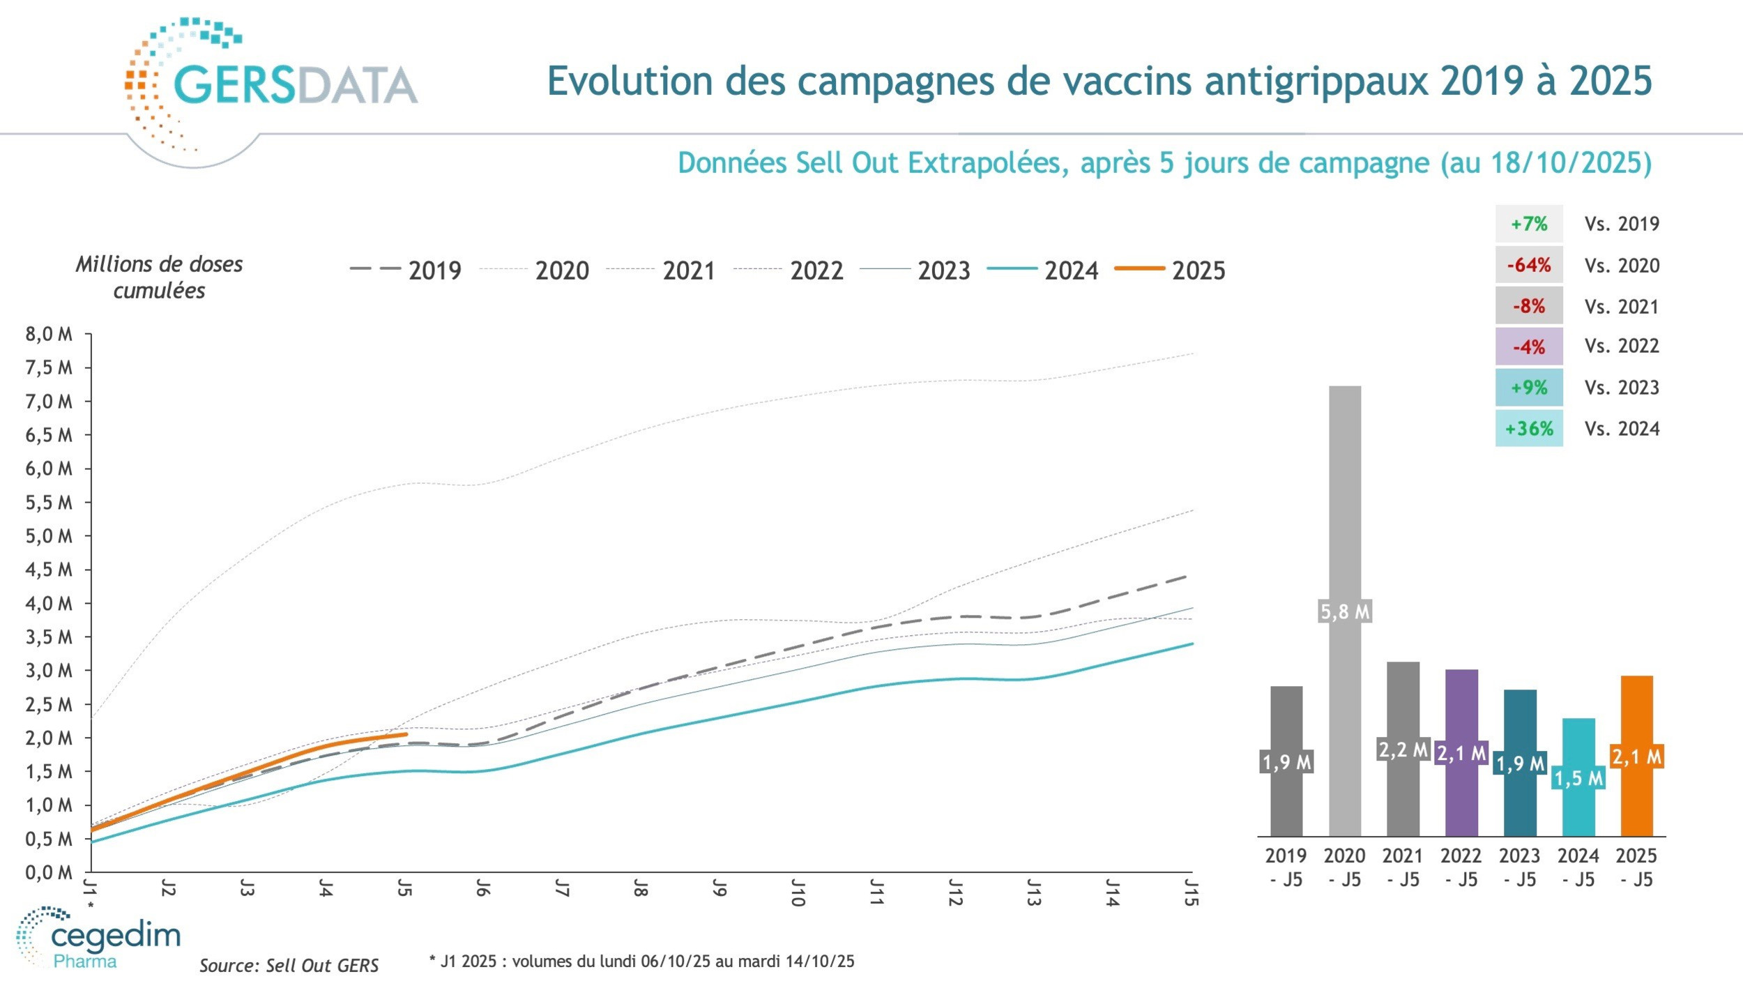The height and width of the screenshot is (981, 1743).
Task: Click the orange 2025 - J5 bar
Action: coord(1636,795)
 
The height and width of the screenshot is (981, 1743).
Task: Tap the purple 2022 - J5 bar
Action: coord(1461,795)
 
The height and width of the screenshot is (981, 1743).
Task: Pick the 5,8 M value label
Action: coord(1345,611)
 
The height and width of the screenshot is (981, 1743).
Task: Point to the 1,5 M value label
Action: coord(1578,778)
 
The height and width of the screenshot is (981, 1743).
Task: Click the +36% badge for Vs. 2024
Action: coord(1529,428)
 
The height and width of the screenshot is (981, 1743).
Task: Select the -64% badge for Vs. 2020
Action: coord(1529,265)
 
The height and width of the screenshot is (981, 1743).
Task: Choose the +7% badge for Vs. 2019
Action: coord(1529,224)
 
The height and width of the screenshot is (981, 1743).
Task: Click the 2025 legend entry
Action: coord(1171,270)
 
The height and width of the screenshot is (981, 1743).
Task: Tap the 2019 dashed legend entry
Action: coord(406,270)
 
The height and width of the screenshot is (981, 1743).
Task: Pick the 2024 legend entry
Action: coord(1044,270)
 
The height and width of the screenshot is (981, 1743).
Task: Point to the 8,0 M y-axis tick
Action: coord(49,334)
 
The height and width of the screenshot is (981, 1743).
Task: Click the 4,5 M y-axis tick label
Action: coord(49,570)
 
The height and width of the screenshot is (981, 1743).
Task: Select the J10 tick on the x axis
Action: coord(798,893)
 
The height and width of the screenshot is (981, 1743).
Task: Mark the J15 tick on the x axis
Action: coord(1192,893)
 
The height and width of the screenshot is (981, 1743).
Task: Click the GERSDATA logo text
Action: coord(294,85)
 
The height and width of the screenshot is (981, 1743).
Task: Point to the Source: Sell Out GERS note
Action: coord(289,965)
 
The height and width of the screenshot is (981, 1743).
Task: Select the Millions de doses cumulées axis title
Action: coord(159,277)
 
